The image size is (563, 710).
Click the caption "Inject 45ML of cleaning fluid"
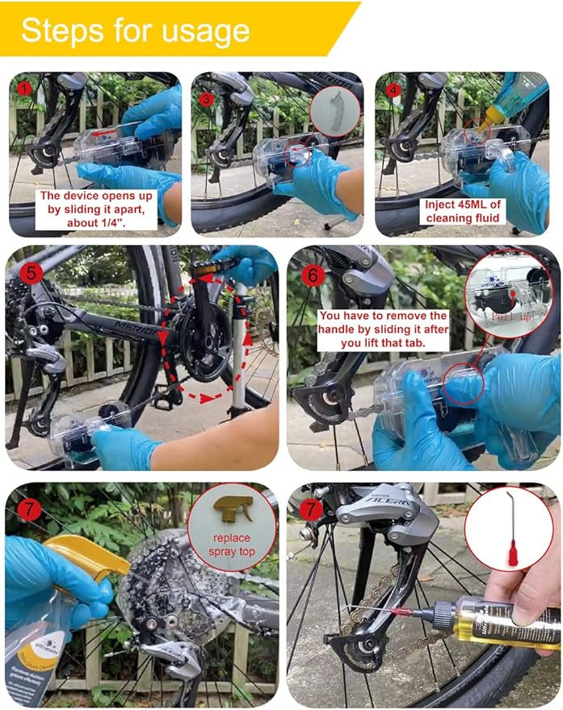(x=464, y=211)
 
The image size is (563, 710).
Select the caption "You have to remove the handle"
(x=382, y=330)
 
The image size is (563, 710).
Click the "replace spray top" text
(x=233, y=544)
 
